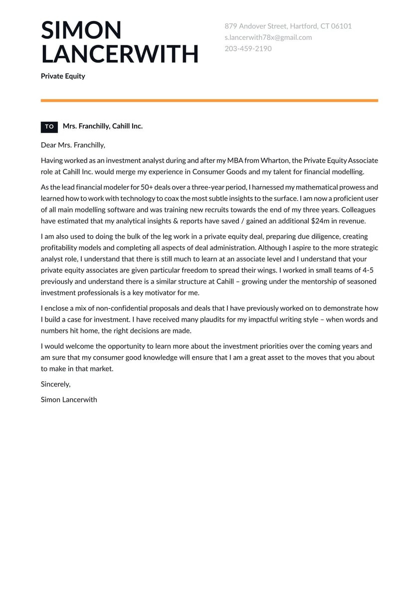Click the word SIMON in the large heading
point(81,30)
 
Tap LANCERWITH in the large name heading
point(120,54)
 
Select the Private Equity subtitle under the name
point(63,76)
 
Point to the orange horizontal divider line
point(209,101)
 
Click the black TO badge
point(49,127)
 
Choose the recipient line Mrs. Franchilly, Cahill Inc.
point(103,126)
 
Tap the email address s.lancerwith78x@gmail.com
point(268,37)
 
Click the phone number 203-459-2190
point(248,49)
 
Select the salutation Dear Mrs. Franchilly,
point(73,145)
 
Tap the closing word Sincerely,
point(56,384)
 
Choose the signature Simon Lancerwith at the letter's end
point(69,399)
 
